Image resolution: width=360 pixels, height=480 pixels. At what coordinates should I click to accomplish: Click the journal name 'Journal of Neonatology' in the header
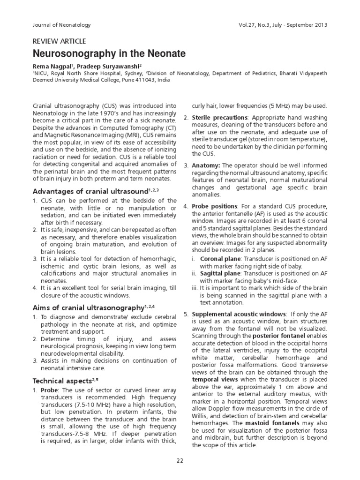coord(61,25)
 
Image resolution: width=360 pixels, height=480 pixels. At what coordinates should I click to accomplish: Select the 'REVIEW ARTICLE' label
coord(59,41)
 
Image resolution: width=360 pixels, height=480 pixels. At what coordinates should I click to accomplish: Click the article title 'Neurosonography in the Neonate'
coord(109,54)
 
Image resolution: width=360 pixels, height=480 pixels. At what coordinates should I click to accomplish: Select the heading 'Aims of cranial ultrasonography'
coord(87,307)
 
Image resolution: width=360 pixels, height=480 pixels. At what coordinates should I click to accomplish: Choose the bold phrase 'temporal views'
coord(214,379)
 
